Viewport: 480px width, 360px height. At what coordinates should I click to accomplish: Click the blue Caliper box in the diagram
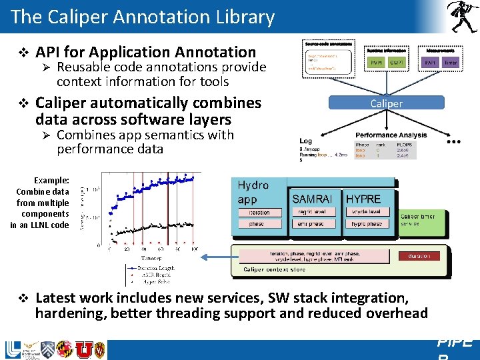386,103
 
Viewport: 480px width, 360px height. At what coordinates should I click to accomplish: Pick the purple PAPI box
430,63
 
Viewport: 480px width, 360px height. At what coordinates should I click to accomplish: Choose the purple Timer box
451,63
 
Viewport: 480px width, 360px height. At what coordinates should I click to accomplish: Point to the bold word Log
305,141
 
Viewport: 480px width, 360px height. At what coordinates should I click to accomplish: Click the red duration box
419,255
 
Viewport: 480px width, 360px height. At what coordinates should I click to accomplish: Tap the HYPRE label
363,199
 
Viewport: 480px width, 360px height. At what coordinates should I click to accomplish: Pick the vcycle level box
366,212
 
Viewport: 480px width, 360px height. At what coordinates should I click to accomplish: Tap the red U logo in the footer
84,349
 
